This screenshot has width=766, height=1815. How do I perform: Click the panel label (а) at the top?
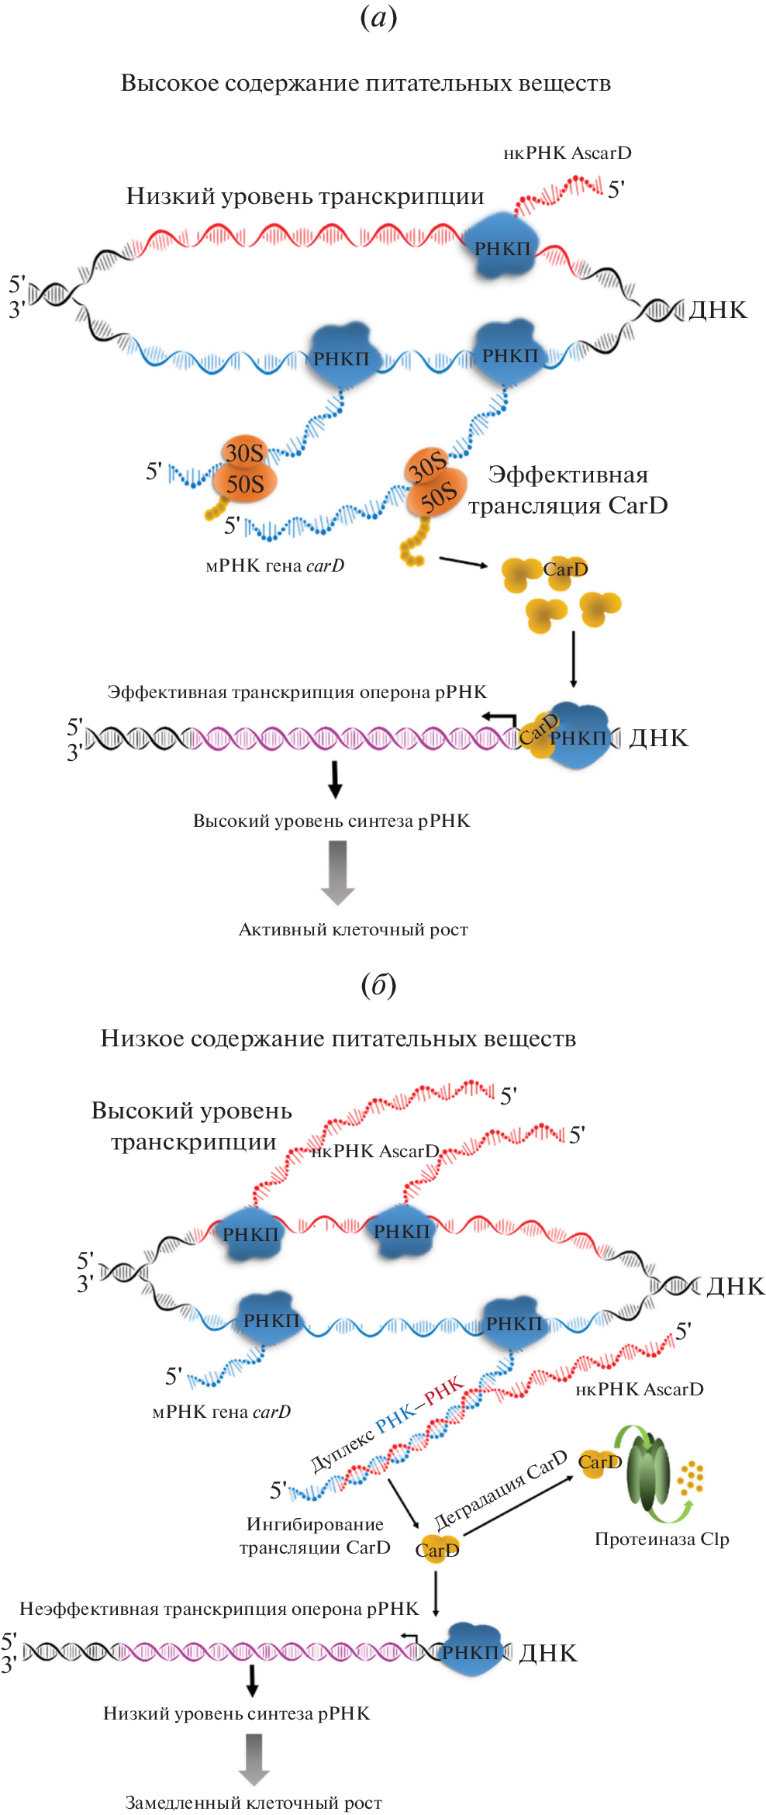tap(378, 17)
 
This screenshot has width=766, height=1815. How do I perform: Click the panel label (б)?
tap(378, 985)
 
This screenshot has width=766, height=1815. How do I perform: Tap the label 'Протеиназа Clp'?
tap(661, 1539)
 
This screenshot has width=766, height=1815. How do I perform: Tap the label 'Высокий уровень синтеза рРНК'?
tap(331, 821)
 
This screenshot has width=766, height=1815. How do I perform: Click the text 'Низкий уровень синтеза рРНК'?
tap(236, 1713)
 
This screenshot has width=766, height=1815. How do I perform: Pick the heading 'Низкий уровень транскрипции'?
tap(305, 196)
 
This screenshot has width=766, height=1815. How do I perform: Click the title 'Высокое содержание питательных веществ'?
tap(365, 83)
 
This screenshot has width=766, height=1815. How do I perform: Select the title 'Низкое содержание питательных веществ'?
tap(338, 1039)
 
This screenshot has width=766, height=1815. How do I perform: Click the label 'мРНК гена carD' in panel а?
tap(274, 565)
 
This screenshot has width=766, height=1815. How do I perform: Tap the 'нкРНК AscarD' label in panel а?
tap(567, 153)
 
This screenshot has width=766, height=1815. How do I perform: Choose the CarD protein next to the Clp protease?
tap(599, 1462)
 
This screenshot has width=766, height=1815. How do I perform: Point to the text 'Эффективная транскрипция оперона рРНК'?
tap(297, 692)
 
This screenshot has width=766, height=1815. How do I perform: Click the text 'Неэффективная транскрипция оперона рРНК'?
tap(219, 1609)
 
